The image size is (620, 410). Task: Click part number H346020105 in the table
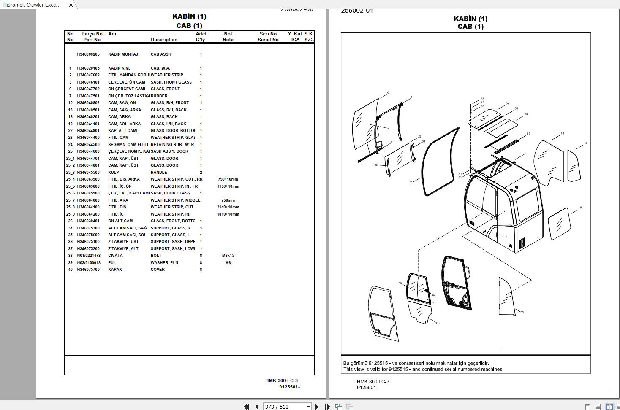[x=88, y=68]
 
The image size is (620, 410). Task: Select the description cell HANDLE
[x=159, y=173]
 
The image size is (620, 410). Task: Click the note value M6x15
[x=228, y=256]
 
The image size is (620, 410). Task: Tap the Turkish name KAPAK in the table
[x=115, y=270]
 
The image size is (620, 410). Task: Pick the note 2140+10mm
[x=228, y=207]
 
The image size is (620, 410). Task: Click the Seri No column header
[x=268, y=34]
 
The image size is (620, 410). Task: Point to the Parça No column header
[x=92, y=34]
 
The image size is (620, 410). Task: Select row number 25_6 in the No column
[x=70, y=193]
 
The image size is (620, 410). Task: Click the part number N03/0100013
[x=89, y=263]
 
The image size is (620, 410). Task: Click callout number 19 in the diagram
[x=522, y=312]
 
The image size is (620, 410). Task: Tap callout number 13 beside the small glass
[x=586, y=143]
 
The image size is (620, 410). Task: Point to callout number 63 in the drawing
[x=438, y=323]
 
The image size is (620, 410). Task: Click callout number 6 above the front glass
[x=388, y=93]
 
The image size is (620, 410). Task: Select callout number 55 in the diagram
[x=528, y=134]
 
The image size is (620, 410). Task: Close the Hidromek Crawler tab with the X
[x=71, y=5]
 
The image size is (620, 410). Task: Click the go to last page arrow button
[x=327, y=407]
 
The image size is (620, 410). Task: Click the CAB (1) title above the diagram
[x=470, y=27]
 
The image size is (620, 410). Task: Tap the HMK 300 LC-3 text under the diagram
[x=373, y=382]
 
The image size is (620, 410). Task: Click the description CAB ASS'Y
[x=161, y=54]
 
